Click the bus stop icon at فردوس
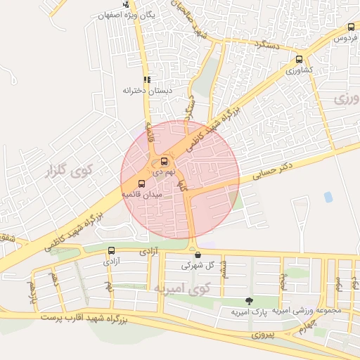click(x=351, y=27)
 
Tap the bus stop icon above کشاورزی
click(x=300, y=60)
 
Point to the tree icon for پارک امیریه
click(x=248, y=300)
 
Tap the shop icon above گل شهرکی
click(x=198, y=255)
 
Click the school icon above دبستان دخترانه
click(x=147, y=80)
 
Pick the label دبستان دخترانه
click(x=148, y=91)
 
